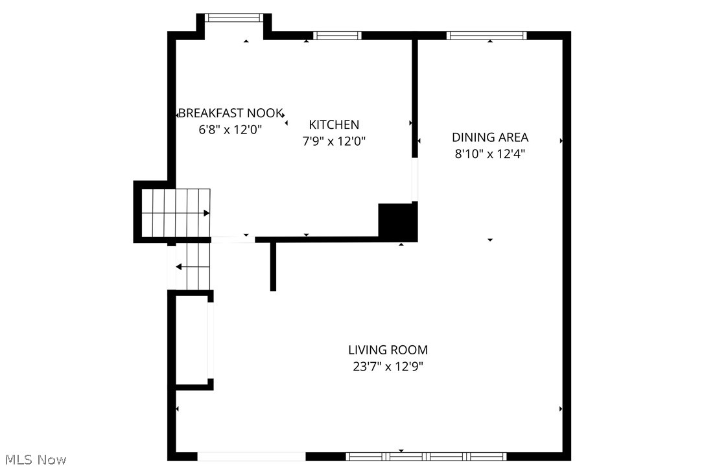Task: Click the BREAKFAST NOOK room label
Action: [x=230, y=113]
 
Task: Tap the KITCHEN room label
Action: [x=334, y=125]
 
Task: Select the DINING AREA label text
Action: [x=490, y=137]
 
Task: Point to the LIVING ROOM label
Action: [x=388, y=350]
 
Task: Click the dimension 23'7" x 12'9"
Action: [x=388, y=367]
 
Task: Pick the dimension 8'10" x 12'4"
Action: [x=490, y=154]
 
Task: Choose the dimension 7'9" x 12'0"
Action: [x=334, y=141]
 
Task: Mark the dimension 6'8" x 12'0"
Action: [x=230, y=130]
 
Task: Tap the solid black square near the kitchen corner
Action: [x=397, y=222]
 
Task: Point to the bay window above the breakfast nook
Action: [x=234, y=17]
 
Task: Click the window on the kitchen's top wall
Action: [x=337, y=36]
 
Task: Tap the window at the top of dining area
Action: [x=487, y=36]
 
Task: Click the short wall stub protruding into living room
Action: [x=273, y=266]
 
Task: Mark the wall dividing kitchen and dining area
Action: [x=415, y=97]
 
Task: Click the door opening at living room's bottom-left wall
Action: [x=252, y=456]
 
